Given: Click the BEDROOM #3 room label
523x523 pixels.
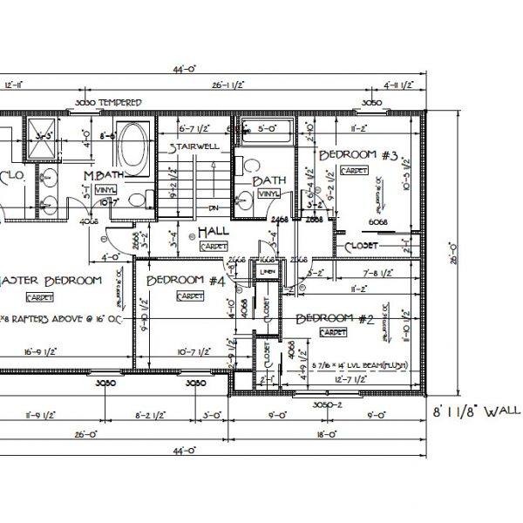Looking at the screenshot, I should pyautogui.click(x=358, y=156).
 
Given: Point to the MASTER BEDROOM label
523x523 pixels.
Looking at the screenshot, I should pyautogui.click(x=52, y=281).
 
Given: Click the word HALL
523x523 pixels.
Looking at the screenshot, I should pyautogui.click(x=213, y=231).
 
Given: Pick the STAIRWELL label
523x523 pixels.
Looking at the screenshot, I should pyautogui.click(x=194, y=146).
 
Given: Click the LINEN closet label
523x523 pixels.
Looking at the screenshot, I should pyautogui.click(x=267, y=273).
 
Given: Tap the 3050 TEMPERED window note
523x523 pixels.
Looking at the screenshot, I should pyautogui.click(x=108, y=103).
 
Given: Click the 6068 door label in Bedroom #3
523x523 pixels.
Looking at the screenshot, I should pyautogui.click(x=378, y=222).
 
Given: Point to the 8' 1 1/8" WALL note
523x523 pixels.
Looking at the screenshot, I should pyautogui.click(x=476, y=410).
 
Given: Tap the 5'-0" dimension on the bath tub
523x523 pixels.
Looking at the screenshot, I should pyautogui.click(x=265, y=128).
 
